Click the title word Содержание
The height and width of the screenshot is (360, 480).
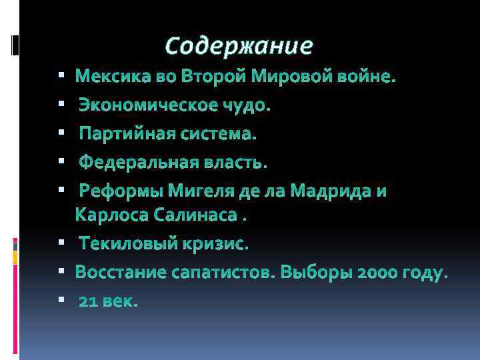(239, 45)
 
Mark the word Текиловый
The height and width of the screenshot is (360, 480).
(127, 244)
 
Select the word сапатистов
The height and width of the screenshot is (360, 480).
(224, 273)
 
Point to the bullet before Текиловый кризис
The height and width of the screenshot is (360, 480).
(61, 245)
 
